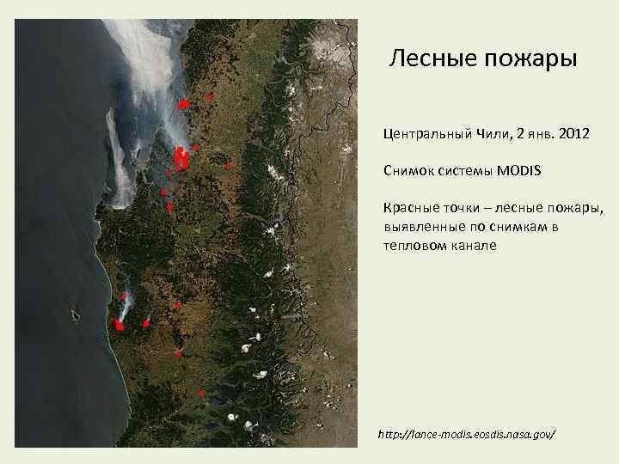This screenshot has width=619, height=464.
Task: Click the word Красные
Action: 414,208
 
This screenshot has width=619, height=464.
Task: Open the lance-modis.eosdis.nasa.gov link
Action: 467,435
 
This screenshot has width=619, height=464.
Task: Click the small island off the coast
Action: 76,315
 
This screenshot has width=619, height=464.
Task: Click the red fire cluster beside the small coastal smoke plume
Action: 119,325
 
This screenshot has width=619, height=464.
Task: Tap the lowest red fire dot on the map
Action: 201,394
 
